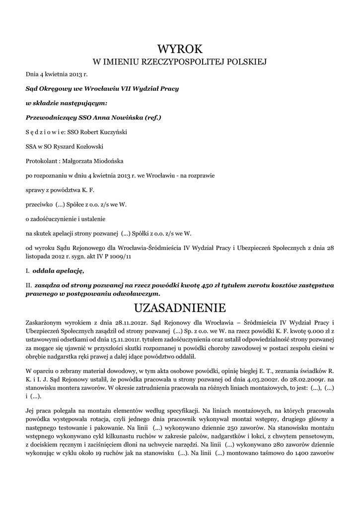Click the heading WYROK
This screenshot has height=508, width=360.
pyautogui.click(x=180, y=49)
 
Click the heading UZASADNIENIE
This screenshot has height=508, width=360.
pyautogui.click(x=180, y=308)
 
